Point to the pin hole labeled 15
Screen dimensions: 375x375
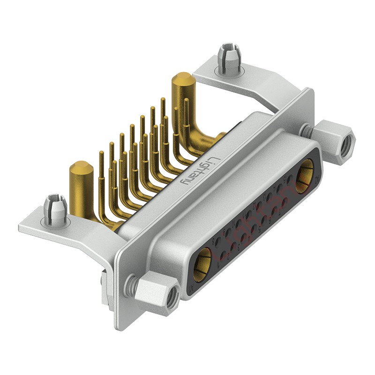[290, 179]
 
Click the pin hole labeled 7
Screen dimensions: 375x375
[285, 202]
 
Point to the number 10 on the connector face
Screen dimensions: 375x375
[234, 223]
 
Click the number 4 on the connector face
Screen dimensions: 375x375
[249, 239]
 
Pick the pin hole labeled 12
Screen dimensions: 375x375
[259, 206]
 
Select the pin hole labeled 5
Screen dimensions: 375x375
[264, 220]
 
